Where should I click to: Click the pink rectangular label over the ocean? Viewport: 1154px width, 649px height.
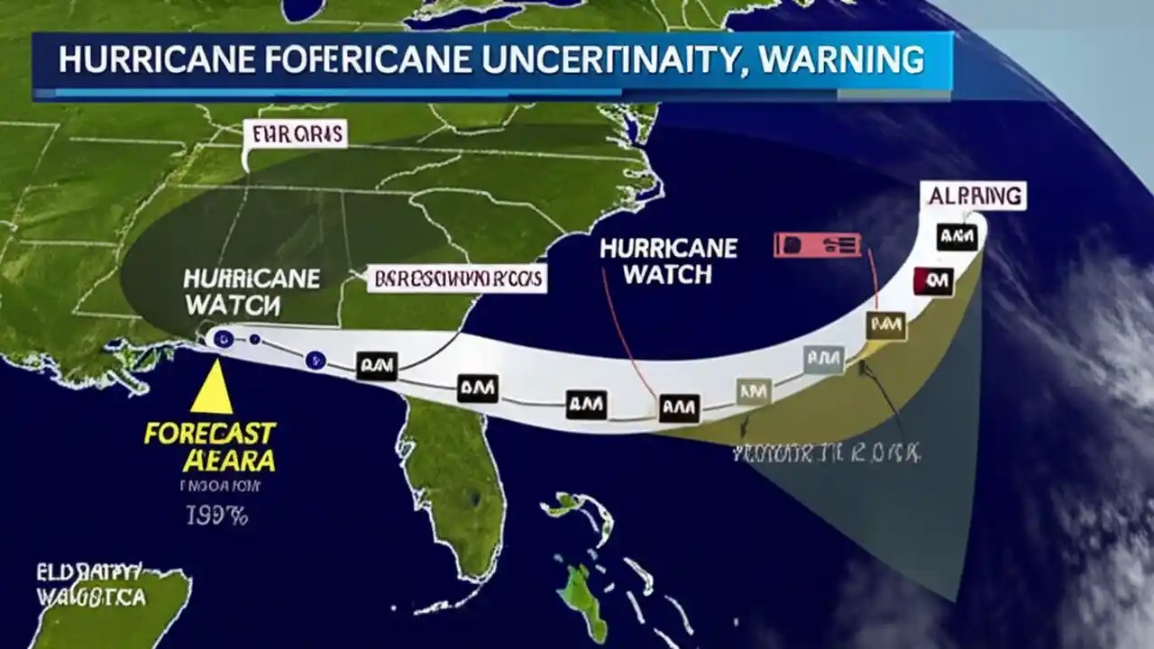click(x=817, y=244)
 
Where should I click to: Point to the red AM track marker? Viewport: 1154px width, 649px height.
click(x=933, y=281)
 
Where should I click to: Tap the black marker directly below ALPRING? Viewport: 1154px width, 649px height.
click(x=957, y=237)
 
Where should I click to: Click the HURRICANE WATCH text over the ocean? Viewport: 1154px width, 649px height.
click(x=668, y=261)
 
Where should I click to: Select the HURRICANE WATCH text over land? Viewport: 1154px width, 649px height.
click(x=251, y=291)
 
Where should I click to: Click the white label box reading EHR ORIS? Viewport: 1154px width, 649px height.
click(x=295, y=136)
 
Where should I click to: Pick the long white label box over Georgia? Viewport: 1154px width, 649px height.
click(x=457, y=279)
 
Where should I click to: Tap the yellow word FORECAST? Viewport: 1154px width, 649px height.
click(x=210, y=434)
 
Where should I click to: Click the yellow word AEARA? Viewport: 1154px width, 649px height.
click(x=228, y=461)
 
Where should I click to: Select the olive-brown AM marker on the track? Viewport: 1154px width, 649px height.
click(x=885, y=325)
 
